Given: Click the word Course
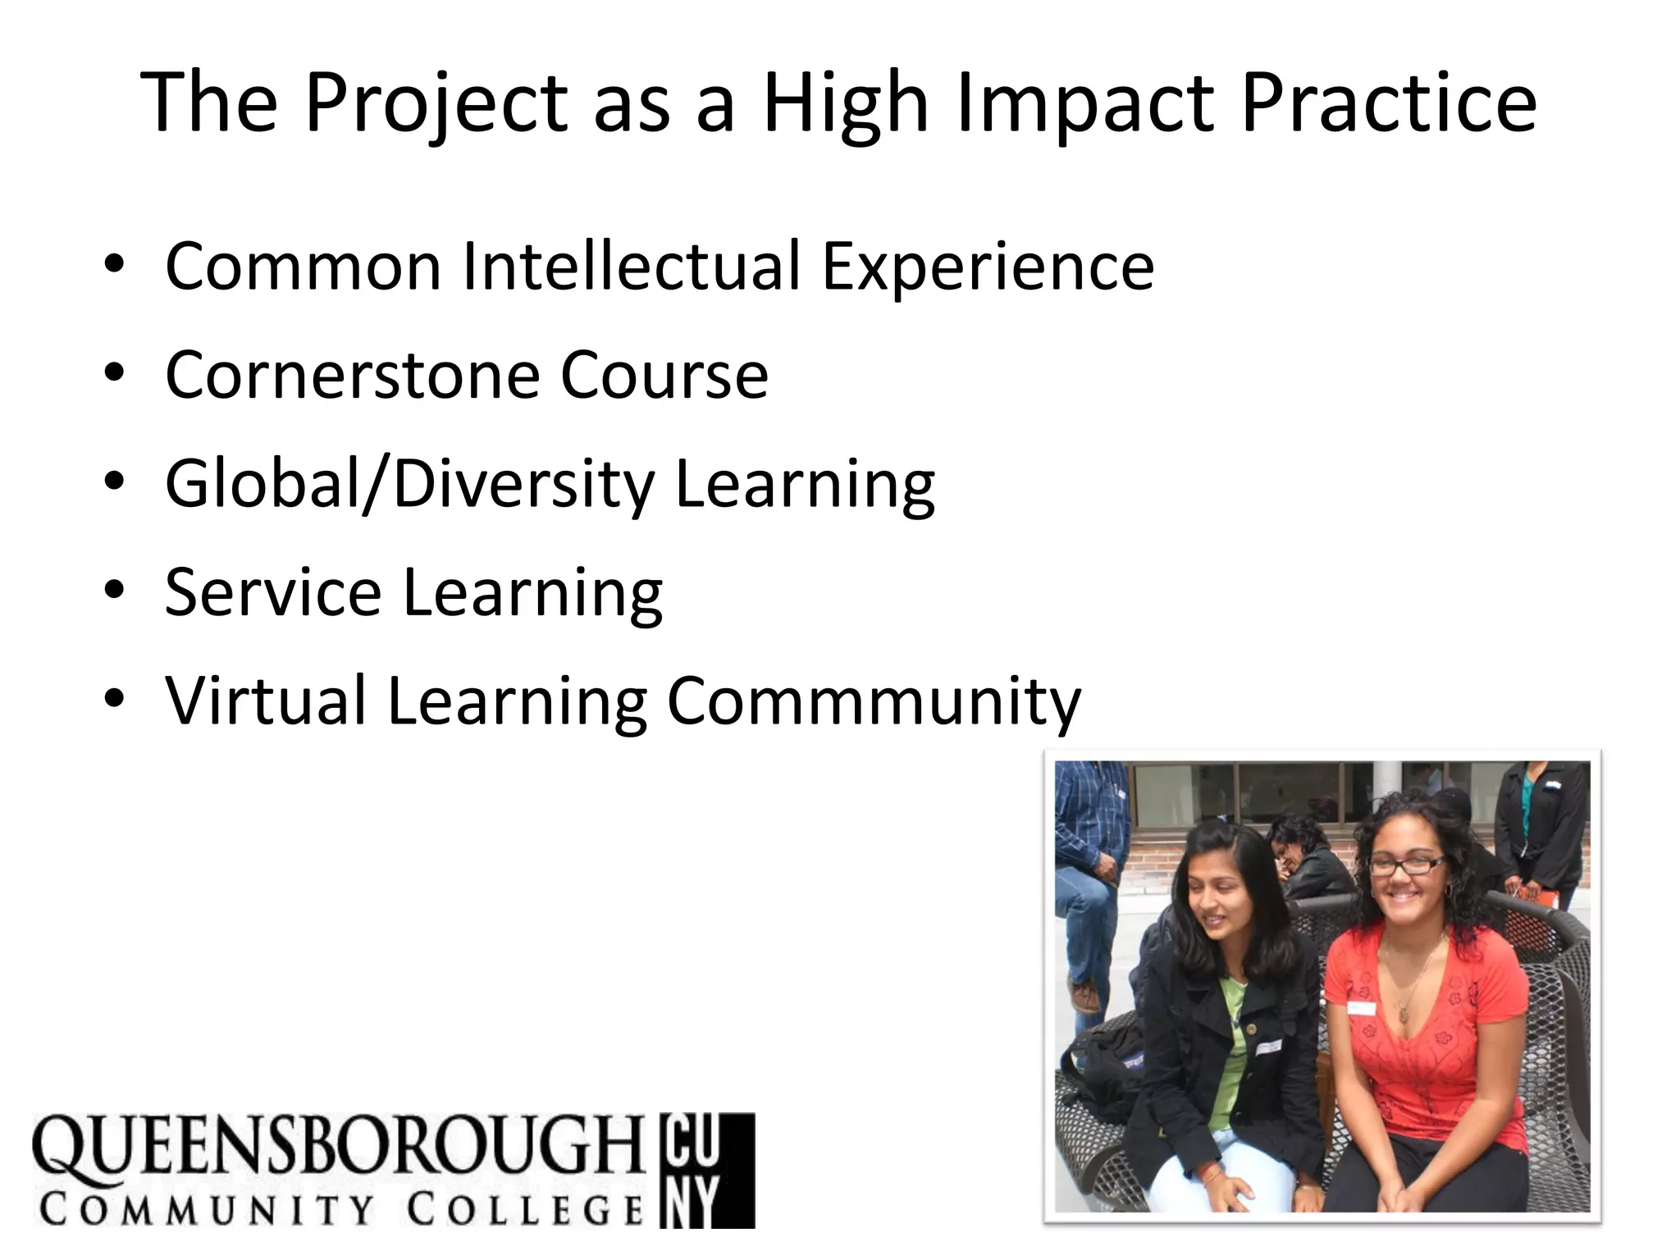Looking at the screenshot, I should coord(664,375).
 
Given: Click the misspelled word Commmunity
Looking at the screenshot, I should coord(874,702).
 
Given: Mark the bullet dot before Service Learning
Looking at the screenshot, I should coord(115,590).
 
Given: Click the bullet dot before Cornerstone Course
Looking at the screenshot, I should coord(115,373).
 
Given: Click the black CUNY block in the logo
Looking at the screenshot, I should coord(706,1170).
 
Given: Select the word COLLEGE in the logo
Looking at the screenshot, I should coord(525,1209).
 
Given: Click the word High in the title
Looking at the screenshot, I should coord(846,103).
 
